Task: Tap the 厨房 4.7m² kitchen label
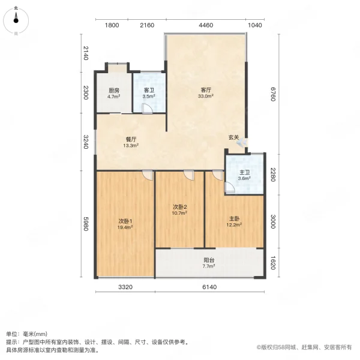113,93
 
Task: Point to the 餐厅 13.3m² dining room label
131,142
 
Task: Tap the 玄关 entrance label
233,137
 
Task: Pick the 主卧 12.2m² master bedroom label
234,222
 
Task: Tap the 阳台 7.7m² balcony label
208,263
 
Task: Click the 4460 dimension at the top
206,25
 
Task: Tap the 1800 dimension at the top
112,25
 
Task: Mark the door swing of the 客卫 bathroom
146,108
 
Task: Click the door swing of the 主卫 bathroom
229,187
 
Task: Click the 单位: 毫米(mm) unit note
29,334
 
